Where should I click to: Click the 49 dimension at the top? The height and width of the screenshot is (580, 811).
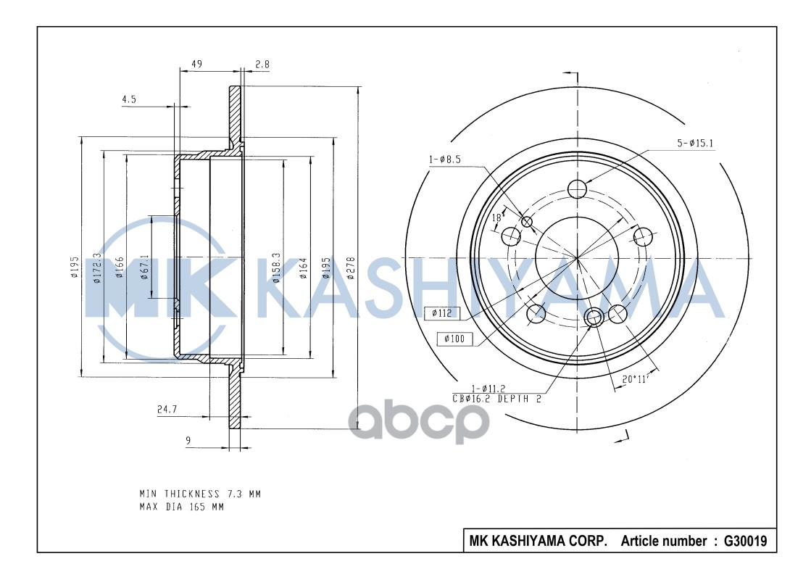[196, 65]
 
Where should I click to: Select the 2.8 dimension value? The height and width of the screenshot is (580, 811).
[262, 65]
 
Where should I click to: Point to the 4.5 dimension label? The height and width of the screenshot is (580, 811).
[130, 100]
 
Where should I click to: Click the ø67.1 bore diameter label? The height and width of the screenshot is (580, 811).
[144, 266]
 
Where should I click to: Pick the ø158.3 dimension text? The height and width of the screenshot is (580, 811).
[276, 266]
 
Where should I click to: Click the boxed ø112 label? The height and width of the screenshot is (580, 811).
[441, 313]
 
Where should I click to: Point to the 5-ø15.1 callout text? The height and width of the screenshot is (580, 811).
[695, 144]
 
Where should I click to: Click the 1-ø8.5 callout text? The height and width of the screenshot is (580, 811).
[444, 159]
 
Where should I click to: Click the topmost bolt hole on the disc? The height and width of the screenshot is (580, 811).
[577, 189]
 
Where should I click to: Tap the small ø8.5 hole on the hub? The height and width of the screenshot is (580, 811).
[527, 222]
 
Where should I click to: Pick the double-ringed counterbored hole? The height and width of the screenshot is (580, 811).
[594, 316]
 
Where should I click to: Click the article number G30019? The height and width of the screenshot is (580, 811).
[745, 541]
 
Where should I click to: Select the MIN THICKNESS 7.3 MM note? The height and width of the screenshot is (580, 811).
[200, 494]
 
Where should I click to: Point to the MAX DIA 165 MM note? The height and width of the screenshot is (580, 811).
[182, 507]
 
